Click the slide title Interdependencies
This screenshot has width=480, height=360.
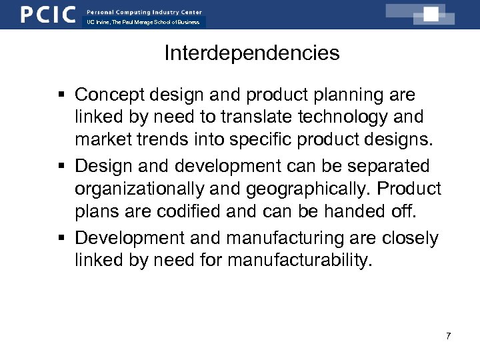tap(252, 53)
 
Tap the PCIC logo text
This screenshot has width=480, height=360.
tap(47, 14)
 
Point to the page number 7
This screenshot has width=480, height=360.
tap(448, 336)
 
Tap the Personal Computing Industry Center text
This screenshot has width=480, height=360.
tap(144, 12)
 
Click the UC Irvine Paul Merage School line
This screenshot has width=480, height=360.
tap(143, 23)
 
